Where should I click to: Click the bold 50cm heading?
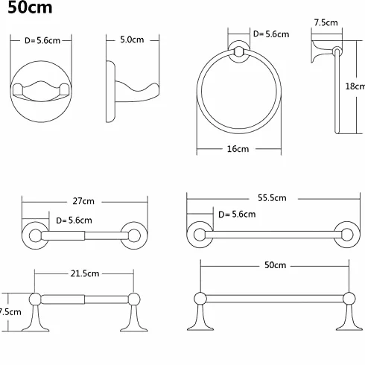[30, 7]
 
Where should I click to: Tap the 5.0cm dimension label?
[132, 39]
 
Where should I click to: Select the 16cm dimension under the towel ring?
[238, 149]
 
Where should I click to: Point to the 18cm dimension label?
[355, 86]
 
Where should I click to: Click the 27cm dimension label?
[83, 201]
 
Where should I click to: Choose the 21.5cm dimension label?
[85, 273]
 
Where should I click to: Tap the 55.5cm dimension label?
[272, 197]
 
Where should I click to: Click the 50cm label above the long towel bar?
[275, 265]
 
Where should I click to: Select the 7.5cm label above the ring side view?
[326, 22]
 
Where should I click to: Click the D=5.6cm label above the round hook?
[42, 40]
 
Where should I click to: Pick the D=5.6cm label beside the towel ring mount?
[271, 34]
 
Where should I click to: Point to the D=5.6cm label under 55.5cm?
[237, 214]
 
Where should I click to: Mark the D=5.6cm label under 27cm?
[74, 220]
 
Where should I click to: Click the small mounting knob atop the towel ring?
[239, 51]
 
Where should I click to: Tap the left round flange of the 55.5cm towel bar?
[200, 235]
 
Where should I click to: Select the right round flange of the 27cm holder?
[134, 235]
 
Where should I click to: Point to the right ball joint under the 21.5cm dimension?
[134, 299]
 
